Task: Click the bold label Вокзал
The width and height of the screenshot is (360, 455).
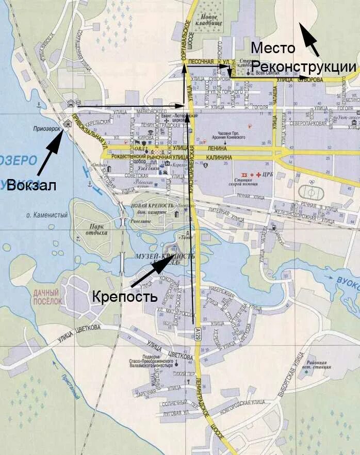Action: (31, 186)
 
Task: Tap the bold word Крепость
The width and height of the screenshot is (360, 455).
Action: (124, 297)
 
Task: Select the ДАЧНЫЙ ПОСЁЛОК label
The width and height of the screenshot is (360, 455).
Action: (48, 296)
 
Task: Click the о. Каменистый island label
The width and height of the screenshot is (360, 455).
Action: (49, 215)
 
